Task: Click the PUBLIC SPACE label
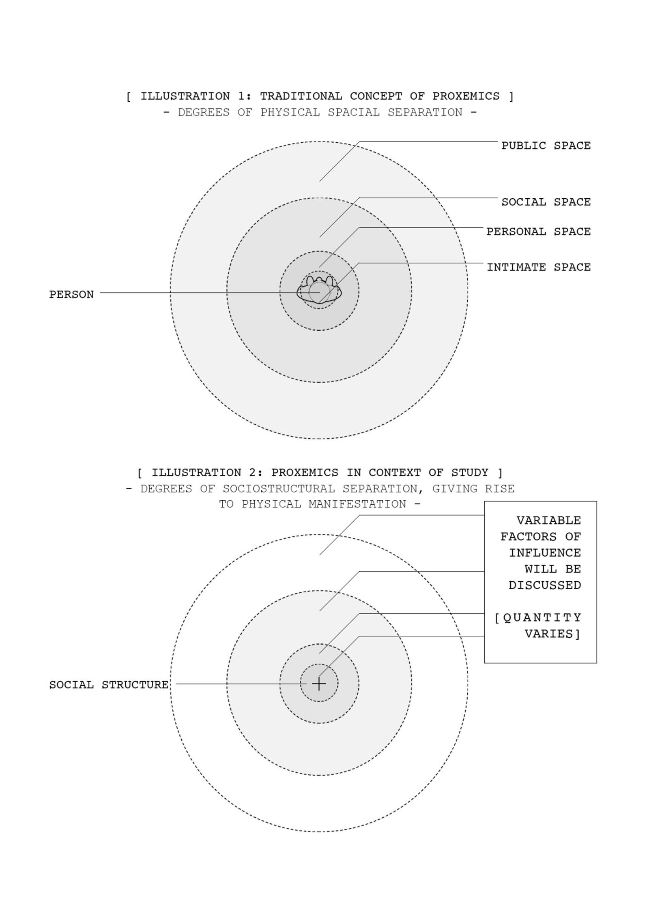click(546, 146)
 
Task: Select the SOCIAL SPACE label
click(546, 202)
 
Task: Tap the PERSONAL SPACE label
click(539, 231)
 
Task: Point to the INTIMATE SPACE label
click(539, 267)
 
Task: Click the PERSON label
click(71, 294)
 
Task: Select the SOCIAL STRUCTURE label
click(109, 685)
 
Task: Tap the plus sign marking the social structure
click(319, 684)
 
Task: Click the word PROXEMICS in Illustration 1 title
click(466, 96)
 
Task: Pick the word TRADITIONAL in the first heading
click(301, 96)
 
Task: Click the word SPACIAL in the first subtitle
click(354, 112)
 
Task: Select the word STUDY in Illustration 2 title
click(470, 473)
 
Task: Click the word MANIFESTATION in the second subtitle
click(357, 504)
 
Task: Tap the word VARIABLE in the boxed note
click(548, 520)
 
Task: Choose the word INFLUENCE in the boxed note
click(545, 553)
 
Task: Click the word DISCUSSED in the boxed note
click(545, 585)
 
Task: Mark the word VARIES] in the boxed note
click(553, 634)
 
